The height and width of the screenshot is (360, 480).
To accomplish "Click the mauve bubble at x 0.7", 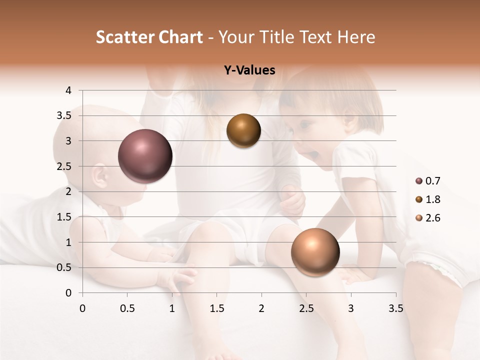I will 145,156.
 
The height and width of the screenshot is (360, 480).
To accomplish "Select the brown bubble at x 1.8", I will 243,130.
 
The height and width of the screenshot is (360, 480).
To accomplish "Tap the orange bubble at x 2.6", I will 315,252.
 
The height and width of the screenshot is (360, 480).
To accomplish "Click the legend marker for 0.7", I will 419,181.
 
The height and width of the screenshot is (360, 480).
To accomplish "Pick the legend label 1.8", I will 433,199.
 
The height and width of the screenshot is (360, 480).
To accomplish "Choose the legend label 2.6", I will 433,218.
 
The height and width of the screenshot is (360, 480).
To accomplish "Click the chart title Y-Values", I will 249,70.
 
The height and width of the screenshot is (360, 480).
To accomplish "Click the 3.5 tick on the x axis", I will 395,308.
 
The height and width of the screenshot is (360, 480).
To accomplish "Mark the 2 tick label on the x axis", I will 261,308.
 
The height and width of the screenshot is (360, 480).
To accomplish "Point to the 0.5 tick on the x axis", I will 127,308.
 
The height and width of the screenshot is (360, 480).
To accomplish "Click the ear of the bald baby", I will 99,176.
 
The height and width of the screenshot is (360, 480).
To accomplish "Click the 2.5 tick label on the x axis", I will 306,308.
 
